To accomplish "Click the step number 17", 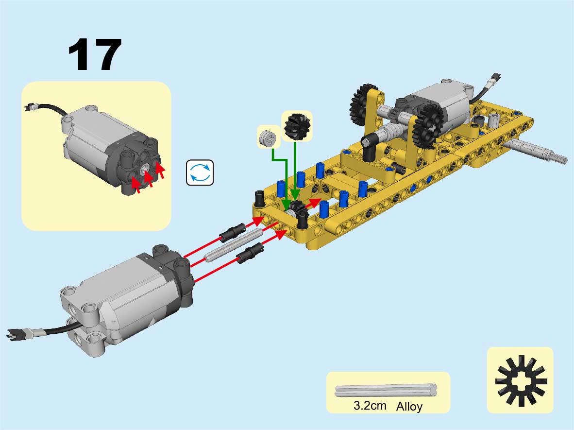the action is point(95,54).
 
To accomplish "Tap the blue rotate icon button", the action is point(200,172).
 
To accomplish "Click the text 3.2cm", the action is point(370,405).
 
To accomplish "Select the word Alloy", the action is point(409,406).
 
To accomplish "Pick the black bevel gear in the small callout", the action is point(297,126).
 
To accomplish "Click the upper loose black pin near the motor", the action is point(233,231).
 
